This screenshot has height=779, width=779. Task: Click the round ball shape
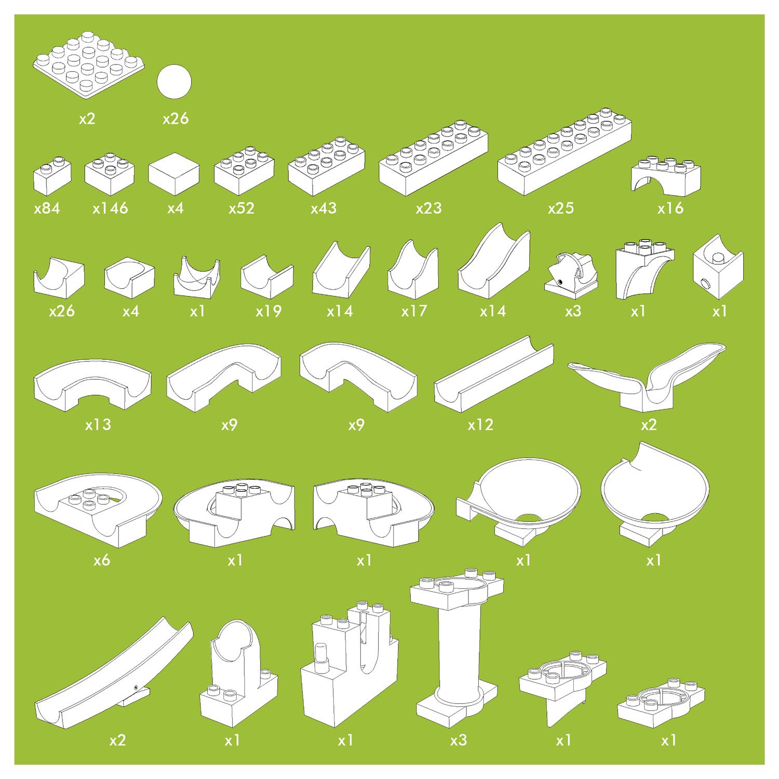(x=174, y=82)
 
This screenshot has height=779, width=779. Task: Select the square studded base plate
(x=88, y=64)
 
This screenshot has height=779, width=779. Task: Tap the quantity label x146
(x=110, y=208)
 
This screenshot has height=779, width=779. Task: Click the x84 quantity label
(x=47, y=208)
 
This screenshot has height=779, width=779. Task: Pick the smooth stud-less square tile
(x=174, y=174)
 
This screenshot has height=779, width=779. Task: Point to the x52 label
(x=241, y=208)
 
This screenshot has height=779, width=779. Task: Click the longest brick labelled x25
(x=565, y=152)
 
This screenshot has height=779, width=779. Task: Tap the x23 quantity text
(x=428, y=208)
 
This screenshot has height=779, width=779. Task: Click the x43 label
(x=324, y=208)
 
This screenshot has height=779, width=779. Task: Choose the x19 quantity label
(x=268, y=311)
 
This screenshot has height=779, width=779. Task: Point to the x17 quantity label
(x=414, y=311)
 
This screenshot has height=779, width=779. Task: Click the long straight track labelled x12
(x=494, y=374)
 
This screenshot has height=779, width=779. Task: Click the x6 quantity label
(x=102, y=560)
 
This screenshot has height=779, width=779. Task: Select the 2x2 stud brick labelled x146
(x=110, y=174)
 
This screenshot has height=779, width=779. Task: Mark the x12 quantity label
(x=480, y=425)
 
